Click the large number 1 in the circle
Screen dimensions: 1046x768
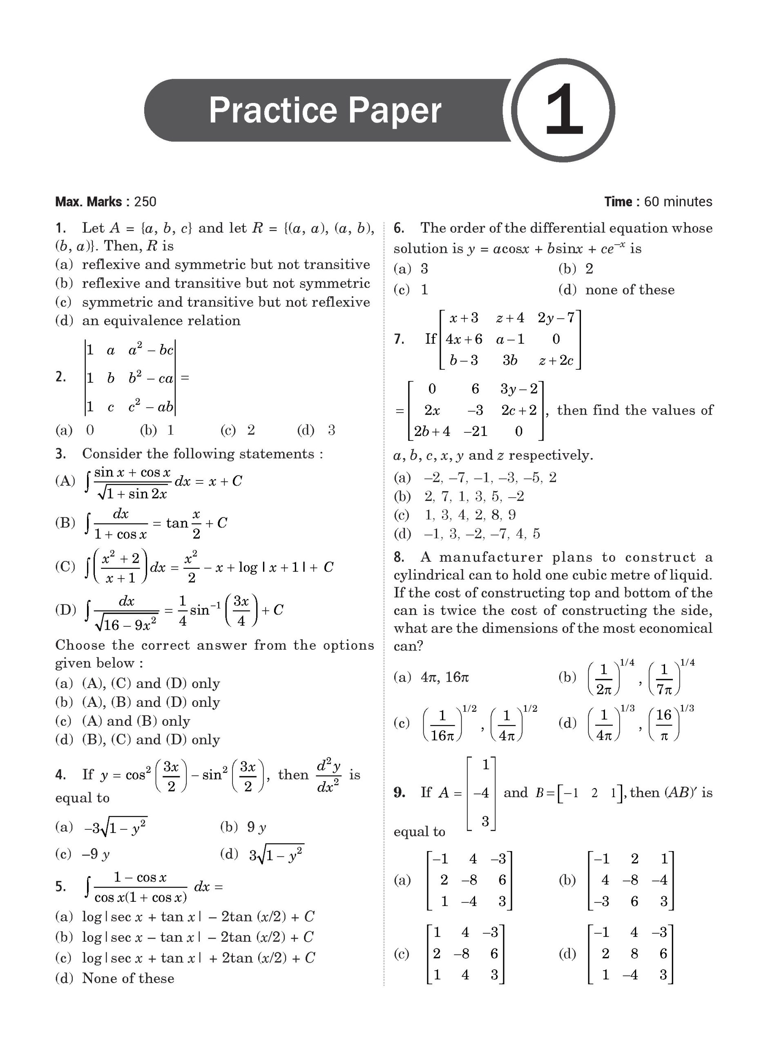click(x=563, y=111)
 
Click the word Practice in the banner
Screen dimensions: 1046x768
click(x=272, y=110)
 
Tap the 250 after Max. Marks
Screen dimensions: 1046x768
click(x=145, y=202)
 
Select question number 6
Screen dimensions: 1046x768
click(x=399, y=228)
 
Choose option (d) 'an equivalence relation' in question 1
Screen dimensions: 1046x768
click(x=161, y=321)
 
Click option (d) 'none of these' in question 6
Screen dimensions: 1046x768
click(x=630, y=290)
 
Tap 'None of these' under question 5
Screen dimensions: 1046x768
click(x=128, y=978)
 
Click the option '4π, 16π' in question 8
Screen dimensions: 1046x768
click(x=444, y=677)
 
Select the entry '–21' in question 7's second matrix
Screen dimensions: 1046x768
click(x=475, y=431)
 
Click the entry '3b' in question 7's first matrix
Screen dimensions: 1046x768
click(x=509, y=360)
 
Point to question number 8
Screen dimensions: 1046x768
click(x=399, y=557)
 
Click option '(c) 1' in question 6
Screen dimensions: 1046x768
click(x=411, y=290)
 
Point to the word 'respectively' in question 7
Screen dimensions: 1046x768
click(x=550, y=455)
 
